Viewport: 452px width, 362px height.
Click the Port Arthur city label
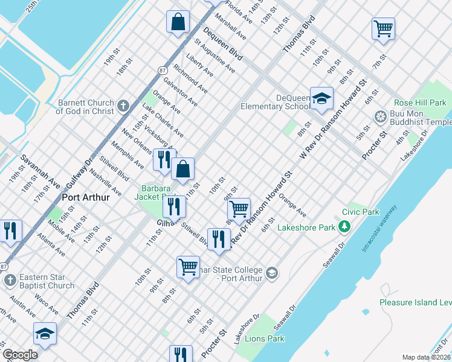coord(85,197)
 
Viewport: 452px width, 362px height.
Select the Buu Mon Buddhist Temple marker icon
coord(381,116)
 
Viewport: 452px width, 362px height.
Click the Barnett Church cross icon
coord(123,107)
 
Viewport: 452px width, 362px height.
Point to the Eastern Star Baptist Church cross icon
coord(10,281)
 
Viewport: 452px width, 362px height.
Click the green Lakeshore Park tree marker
coord(344,227)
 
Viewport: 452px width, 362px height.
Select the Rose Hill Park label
coord(420,103)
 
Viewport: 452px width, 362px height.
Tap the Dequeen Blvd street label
coord(222,45)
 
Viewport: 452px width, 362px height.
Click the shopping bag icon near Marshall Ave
coord(178,22)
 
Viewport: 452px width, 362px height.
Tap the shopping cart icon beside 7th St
coord(383,28)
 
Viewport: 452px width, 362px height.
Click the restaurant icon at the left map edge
coord(10,230)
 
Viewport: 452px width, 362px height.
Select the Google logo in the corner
coord(20,355)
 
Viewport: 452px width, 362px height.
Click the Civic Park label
coord(360,212)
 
